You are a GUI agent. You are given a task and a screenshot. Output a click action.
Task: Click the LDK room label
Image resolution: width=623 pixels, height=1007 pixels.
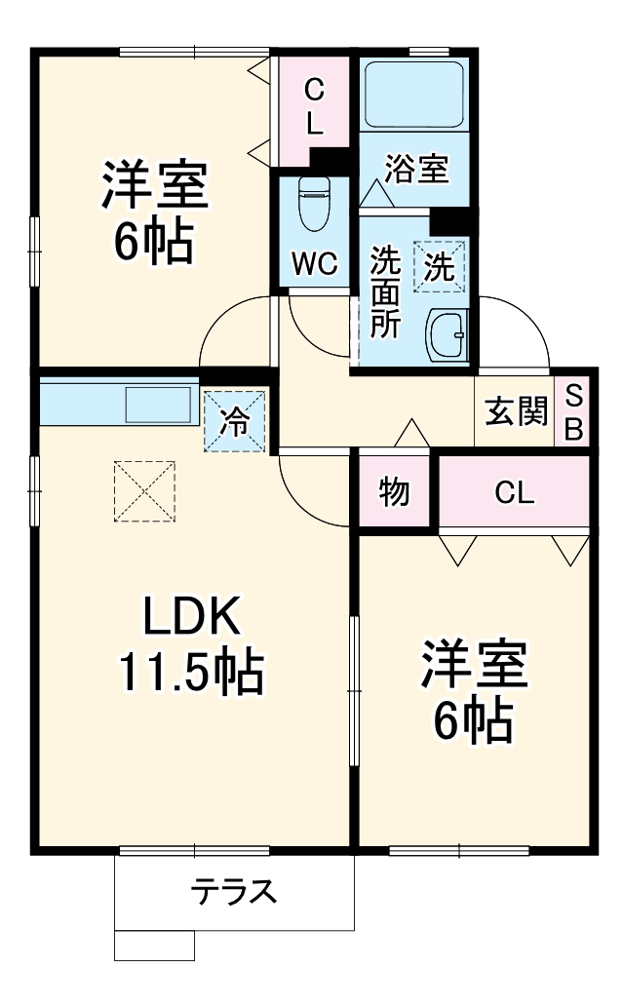(x=191, y=615)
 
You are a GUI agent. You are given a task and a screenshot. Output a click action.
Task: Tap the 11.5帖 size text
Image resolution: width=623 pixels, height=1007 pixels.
(x=191, y=672)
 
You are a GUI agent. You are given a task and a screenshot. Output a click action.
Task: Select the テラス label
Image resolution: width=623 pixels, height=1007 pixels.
(x=234, y=891)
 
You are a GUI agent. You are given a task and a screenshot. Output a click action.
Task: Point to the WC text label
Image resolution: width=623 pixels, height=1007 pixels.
(x=314, y=263)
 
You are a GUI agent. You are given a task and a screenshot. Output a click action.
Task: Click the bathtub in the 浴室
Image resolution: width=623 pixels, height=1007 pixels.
(x=413, y=96)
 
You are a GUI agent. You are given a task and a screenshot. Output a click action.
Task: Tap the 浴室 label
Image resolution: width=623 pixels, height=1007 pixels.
(x=416, y=169)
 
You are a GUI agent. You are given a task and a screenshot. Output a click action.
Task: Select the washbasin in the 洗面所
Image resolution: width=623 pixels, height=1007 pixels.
(x=449, y=336)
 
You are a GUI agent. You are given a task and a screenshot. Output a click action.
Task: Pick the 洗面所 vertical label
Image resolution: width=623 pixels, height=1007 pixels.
(x=385, y=292)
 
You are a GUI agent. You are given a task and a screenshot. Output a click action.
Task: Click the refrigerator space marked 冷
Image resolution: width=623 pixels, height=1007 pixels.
(x=235, y=421)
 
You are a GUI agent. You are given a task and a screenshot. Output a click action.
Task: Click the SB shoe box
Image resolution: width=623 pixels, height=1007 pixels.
(x=573, y=411)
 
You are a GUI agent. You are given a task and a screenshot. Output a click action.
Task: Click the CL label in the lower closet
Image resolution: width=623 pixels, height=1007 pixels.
(x=514, y=493)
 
